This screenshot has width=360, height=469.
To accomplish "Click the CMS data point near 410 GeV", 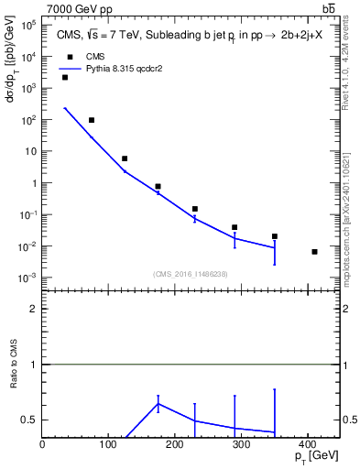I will point(314,251).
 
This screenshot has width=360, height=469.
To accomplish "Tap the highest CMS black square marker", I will point(65,78).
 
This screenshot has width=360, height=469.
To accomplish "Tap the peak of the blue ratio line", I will point(158,404).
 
